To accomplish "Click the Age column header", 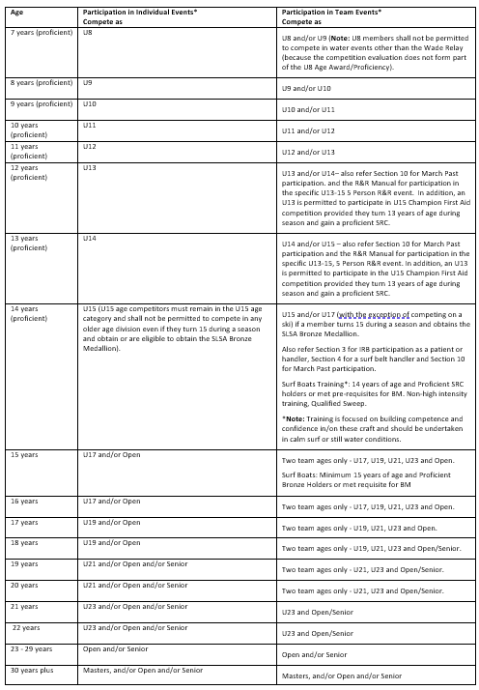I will click(x=16, y=11).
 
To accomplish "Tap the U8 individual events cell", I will click(x=89, y=32).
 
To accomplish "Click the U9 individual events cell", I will click(x=89, y=83).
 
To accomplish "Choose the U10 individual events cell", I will click(x=90, y=103).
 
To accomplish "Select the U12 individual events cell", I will click(x=90, y=146).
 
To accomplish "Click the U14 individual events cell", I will click(x=90, y=237).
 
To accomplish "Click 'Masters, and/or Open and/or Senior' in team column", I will click(x=341, y=676).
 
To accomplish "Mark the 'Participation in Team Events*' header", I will click(x=331, y=11).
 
